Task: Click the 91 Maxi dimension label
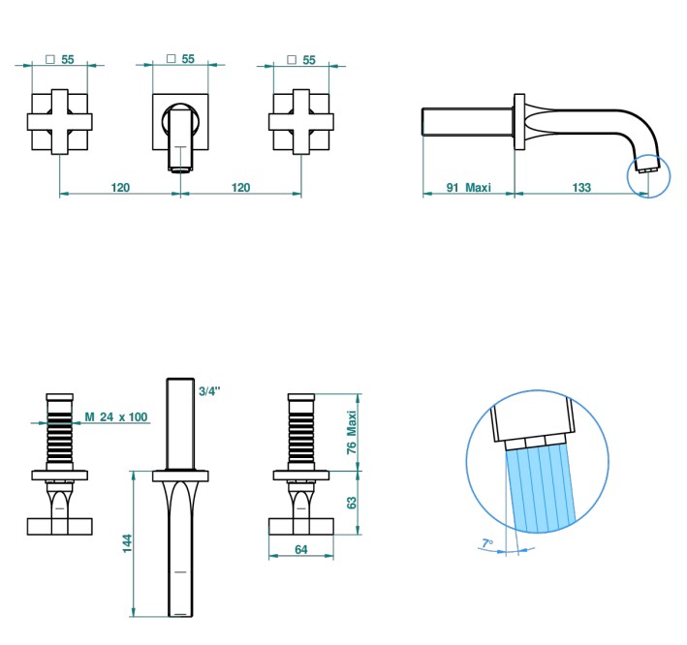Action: pos(468,188)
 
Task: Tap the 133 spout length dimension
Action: pos(581,188)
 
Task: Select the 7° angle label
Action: pos(487,543)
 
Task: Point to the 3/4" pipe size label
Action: pos(209,391)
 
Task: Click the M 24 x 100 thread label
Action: pos(116,416)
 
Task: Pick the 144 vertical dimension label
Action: pos(127,543)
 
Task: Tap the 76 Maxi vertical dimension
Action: pos(352,432)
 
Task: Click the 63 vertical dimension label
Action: pos(352,503)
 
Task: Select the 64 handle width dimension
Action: pos(301,549)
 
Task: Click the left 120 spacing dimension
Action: pos(120,188)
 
